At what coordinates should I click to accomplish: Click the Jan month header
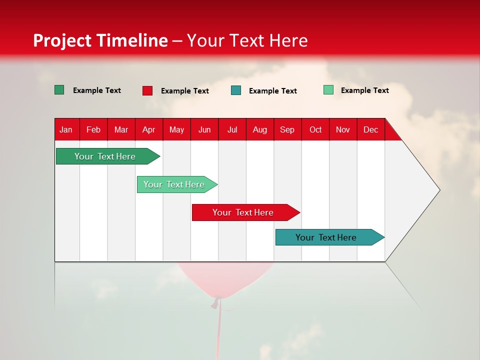pos(66,129)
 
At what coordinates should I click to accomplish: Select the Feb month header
pos(93,129)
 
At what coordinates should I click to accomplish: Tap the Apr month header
pos(148,129)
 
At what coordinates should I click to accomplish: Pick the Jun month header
pos(204,129)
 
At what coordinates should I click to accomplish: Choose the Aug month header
pos(259,129)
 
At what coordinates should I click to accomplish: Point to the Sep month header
pos(287,129)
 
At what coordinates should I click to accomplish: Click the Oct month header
pos(315,129)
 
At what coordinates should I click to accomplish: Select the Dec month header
pos(370,129)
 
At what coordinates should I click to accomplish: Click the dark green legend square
pos(59,90)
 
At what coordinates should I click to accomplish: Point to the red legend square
pos(147,90)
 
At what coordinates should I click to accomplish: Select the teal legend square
pos(236,90)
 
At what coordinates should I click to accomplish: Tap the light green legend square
pos(328,90)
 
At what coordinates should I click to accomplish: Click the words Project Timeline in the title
pos(100,40)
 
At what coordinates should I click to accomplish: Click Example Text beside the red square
pos(185,91)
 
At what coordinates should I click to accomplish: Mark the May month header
pos(176,129)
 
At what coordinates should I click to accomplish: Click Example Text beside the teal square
pos(273,91)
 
